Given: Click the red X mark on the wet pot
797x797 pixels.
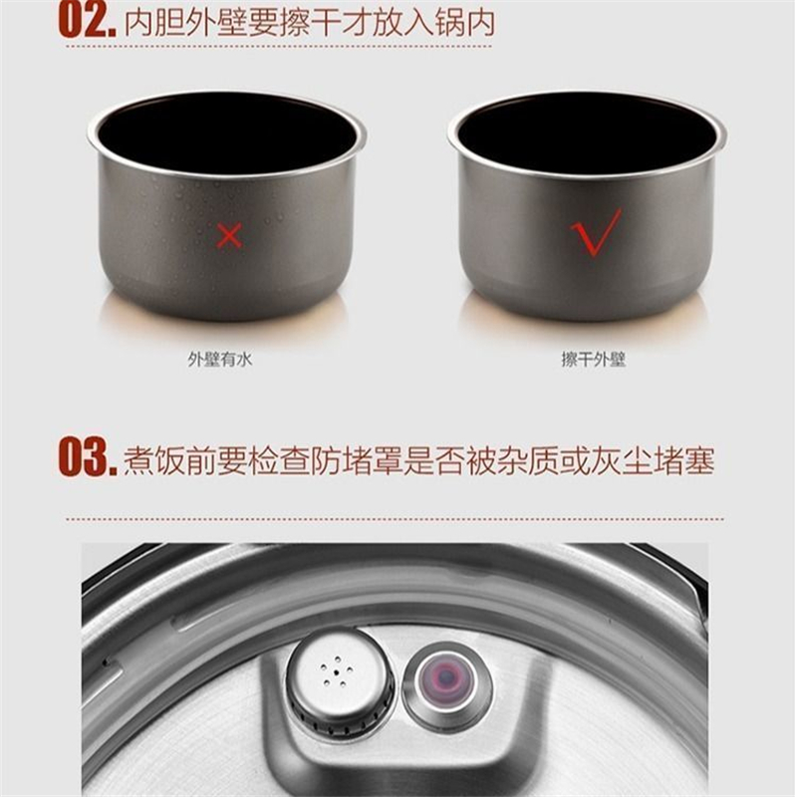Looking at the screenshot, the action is [x=229, y=236].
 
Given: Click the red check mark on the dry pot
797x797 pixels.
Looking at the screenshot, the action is [x=596, y=232].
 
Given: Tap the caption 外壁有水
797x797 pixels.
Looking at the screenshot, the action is [x=219, y=360].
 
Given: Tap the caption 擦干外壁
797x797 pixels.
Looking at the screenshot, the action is [x=593, y=360].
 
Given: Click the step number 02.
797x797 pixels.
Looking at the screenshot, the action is [x=87, y=22].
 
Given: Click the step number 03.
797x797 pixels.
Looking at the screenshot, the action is [x=87, y=459].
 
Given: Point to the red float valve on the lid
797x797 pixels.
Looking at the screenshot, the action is [x=445, y=676].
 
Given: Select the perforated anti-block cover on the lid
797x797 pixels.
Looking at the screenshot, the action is [x=339, y=675].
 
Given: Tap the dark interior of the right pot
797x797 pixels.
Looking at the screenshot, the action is [x=587, y=133].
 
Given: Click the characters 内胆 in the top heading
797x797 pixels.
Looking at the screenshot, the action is [x=154, y=23].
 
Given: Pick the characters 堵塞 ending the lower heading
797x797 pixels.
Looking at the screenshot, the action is [x=684, y=460].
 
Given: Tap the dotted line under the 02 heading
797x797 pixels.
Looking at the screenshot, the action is [x=279, y=47].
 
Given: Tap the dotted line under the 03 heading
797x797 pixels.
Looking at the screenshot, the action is [x=395, y=519].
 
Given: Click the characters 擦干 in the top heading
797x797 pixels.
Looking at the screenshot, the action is [x=309, y=23].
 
